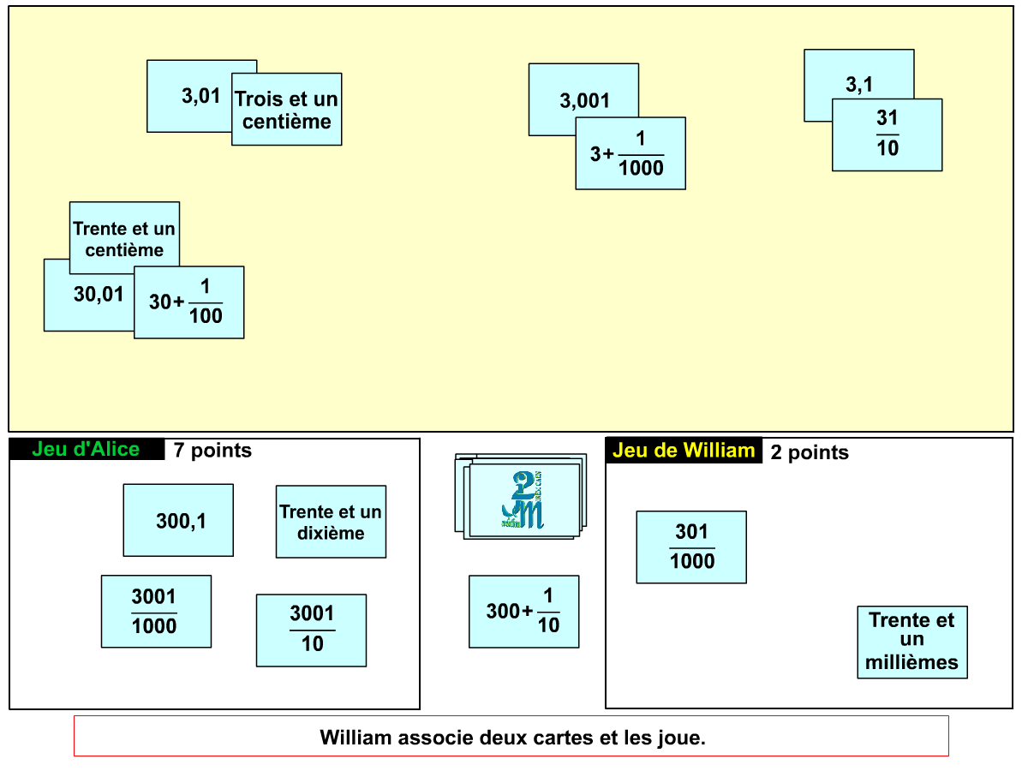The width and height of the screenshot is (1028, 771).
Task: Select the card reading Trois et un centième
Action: point(287,110)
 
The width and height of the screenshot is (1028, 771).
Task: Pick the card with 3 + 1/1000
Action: point(631,153)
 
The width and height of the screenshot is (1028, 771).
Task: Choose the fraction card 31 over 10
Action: point(888,134)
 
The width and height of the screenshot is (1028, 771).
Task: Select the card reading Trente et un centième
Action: point(124,235)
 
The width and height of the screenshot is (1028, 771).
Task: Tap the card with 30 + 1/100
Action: point(189,302)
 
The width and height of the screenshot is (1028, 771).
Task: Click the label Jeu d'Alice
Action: point(86,449)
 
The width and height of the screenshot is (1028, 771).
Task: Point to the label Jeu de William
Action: point(684,451)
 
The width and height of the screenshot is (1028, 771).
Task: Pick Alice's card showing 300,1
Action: point(178,520)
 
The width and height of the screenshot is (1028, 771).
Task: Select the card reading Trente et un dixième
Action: point(331,522)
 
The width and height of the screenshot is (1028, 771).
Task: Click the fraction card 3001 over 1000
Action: point(156,611)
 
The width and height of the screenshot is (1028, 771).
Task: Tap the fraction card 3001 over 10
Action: point(311,631)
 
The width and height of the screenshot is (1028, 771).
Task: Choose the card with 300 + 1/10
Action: point(523,612)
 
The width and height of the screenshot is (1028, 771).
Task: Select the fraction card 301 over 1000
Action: point(691,547)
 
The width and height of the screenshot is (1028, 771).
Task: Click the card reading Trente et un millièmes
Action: point(912,642)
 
